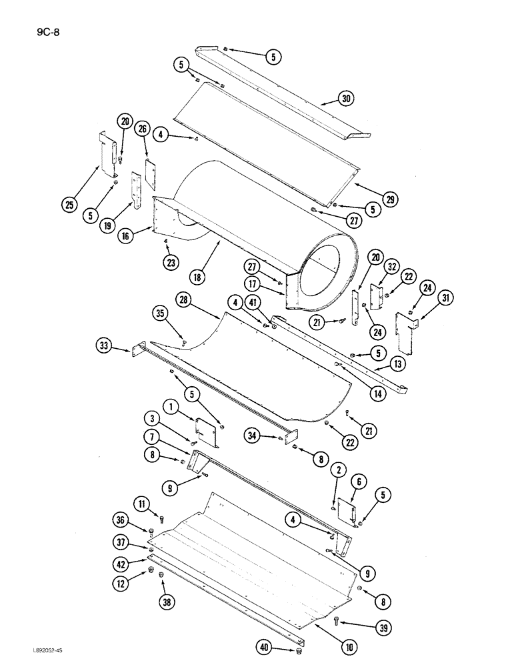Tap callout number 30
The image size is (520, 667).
pos(345,99)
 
